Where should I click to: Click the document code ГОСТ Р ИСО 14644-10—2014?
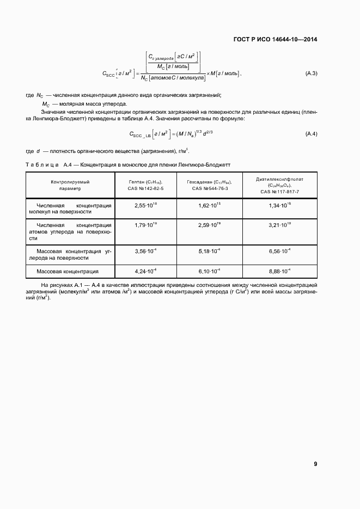pyautogui.click(x=274, y=39)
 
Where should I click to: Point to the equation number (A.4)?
pyautogui.click(x=310, y=134)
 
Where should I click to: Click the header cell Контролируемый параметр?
pyautogui.click(x=70, y=185)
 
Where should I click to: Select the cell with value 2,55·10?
pyautogui.click(x=145, y=205)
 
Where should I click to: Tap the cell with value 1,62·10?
pyautogui.click(x=209, y=205)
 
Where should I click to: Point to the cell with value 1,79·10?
pyautogui.click(x=145, y=224)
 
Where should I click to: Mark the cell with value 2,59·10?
pyautogui.click(x=209, y=224)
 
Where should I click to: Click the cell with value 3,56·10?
pyautogui.click(x=145, y=252)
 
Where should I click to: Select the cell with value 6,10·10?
pyautogui.click(x=209, y=271)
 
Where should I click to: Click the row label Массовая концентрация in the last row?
pyautogui.click(x=68, y=271)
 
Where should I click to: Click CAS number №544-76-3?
pyautogui.click(x=209, y=188)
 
